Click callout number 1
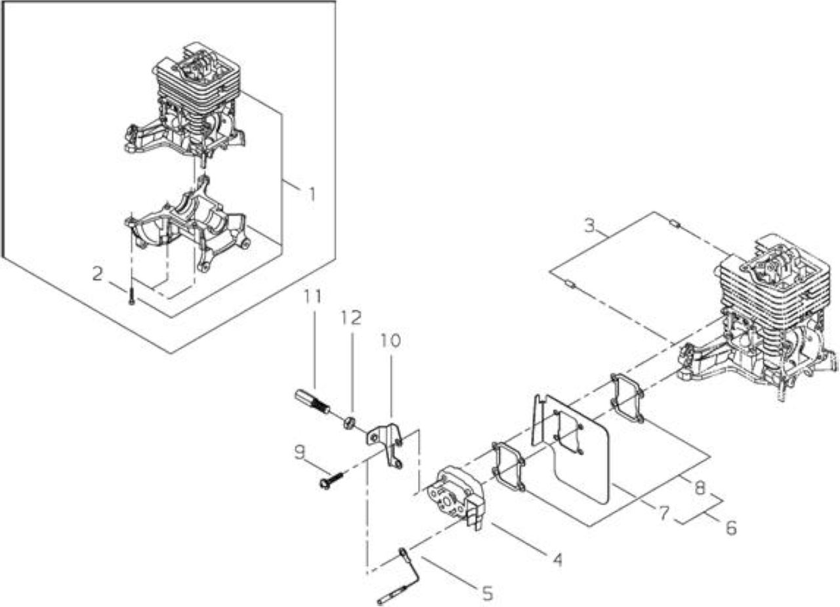[x=311, y=194]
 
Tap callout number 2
[x=98, y=274]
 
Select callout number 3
[x=589, y=225]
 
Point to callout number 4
[x=558, y=560]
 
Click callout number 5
[x=487, y=593]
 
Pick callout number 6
[x=731, y=528]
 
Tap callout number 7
[x=663, y=513]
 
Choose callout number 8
[x=700, y=488]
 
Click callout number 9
[x=299, y=452]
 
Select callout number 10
[x=390, y=341]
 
